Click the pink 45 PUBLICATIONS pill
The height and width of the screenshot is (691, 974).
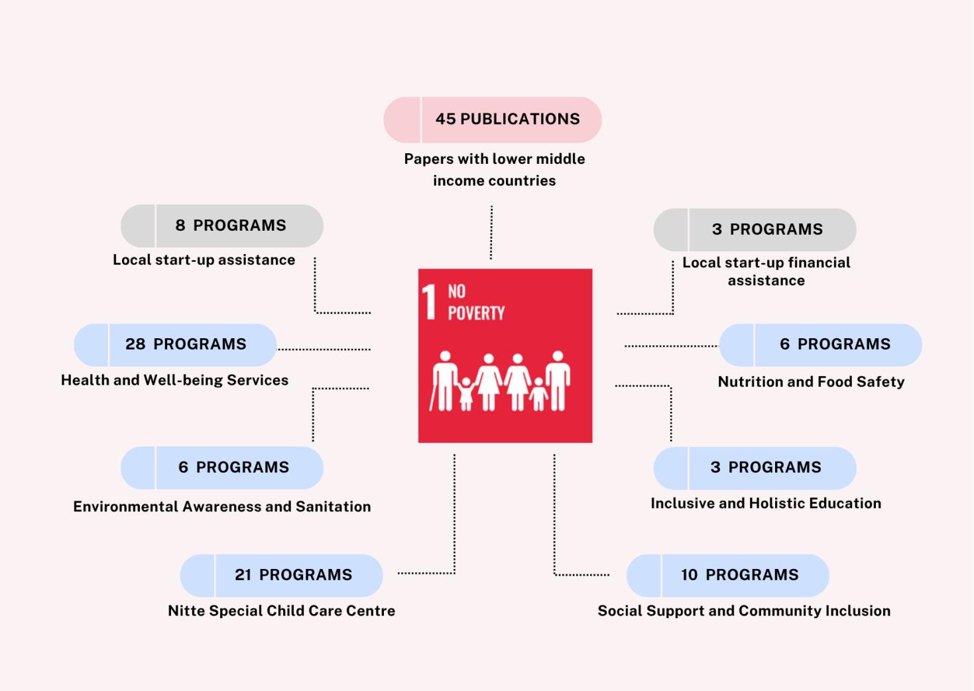[493, 119]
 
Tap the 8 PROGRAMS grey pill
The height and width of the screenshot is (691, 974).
[222, 225]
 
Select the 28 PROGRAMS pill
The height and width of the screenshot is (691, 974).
[176, 345]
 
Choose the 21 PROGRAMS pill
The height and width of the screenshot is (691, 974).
[282, 575]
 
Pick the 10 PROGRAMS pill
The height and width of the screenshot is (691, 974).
[728, 575]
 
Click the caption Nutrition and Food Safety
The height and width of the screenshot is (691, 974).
[811, 382]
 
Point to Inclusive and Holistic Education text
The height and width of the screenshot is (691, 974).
[766, 503]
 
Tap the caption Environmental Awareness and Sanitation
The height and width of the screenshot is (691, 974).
[222, 507]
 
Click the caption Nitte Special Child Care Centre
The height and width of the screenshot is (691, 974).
[282, 611]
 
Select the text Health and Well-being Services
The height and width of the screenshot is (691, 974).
[175, 380]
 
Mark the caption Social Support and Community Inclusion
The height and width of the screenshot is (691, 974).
[744, 611]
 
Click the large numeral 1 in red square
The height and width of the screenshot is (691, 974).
[430, 302]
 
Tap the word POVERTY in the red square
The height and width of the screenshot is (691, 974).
[476, 313]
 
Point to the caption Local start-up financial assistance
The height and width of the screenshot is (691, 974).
[766, 271]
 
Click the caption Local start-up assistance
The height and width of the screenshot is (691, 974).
[204, 260]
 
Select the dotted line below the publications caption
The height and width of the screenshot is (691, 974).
[491, 232]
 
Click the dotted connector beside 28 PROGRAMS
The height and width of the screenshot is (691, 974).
[324, 349]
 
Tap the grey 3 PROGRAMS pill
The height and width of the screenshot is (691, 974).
[755, 229]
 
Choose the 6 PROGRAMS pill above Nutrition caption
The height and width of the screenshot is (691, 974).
[821, 345]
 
